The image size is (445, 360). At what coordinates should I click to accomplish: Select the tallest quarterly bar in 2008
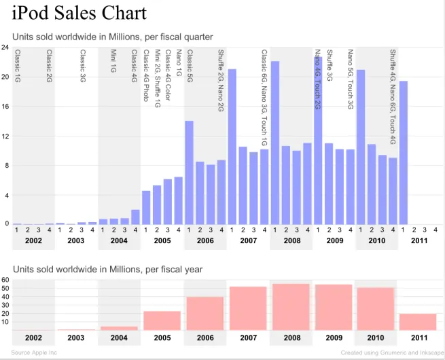click(275, 143)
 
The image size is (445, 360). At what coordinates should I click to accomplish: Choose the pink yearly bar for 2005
click(162, 321)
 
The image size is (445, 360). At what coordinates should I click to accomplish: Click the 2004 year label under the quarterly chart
click(119, 240)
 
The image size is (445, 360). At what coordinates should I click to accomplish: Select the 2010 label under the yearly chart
click(376, 338)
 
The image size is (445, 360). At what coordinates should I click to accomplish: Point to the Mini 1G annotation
click(113, 61)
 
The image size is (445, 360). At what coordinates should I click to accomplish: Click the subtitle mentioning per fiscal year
click(107, 270)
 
